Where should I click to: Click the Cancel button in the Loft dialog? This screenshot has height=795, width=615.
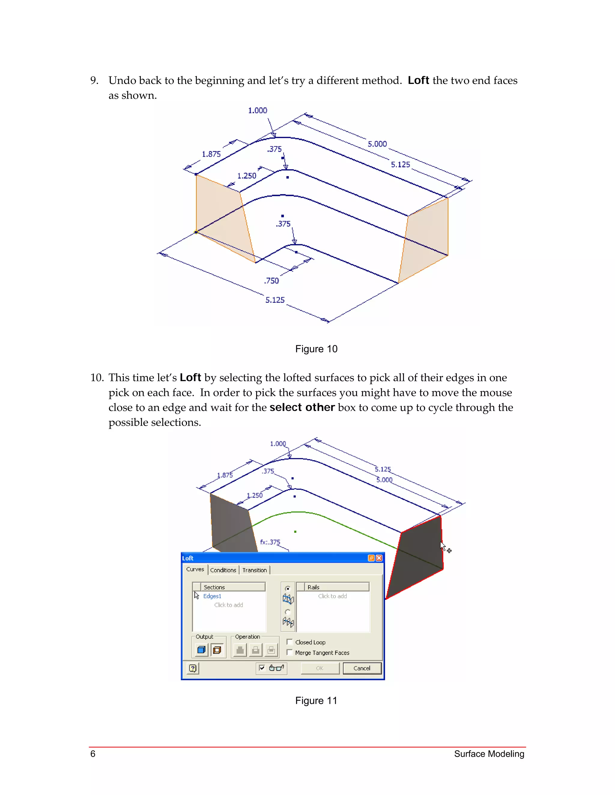[x=362, y=668]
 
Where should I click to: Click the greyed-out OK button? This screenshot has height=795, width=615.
[x=320, y=668]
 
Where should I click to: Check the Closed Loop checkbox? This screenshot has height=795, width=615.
[x=290, y=642]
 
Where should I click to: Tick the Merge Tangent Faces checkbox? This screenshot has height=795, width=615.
[x=290, y=652]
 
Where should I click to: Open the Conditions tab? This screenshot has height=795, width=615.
[x=223, y=570]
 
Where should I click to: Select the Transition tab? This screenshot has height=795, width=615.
[x=254, y=570]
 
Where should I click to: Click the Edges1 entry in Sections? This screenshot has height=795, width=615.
[x=212, y=596]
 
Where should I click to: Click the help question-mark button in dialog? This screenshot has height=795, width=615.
[x=193, y=668]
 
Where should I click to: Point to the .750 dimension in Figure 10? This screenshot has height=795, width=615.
[x=271, y=281]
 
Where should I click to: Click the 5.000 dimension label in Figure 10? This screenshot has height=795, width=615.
[x=377, y=144]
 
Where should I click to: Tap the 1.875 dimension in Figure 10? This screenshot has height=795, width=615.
[x=211, y=154]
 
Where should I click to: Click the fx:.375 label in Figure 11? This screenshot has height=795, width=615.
[x=270, y=542]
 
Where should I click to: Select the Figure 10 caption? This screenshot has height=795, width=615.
[x=316, y=349]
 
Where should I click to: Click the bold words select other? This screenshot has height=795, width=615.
[x=302, y=407]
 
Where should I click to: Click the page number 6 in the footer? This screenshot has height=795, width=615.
[x=93, y=754]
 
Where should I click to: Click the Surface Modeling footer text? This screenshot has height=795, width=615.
[x=489, y=754]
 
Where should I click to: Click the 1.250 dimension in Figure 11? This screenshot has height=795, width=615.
[x=255, y=495]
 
